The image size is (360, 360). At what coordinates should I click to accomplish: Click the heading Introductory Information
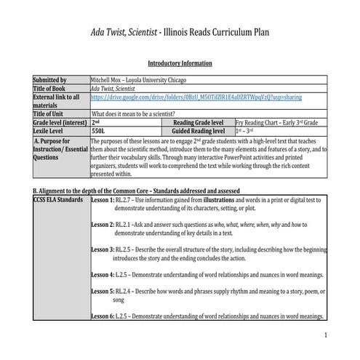tap(179, 63)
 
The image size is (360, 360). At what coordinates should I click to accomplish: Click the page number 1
tap(327, 335)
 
